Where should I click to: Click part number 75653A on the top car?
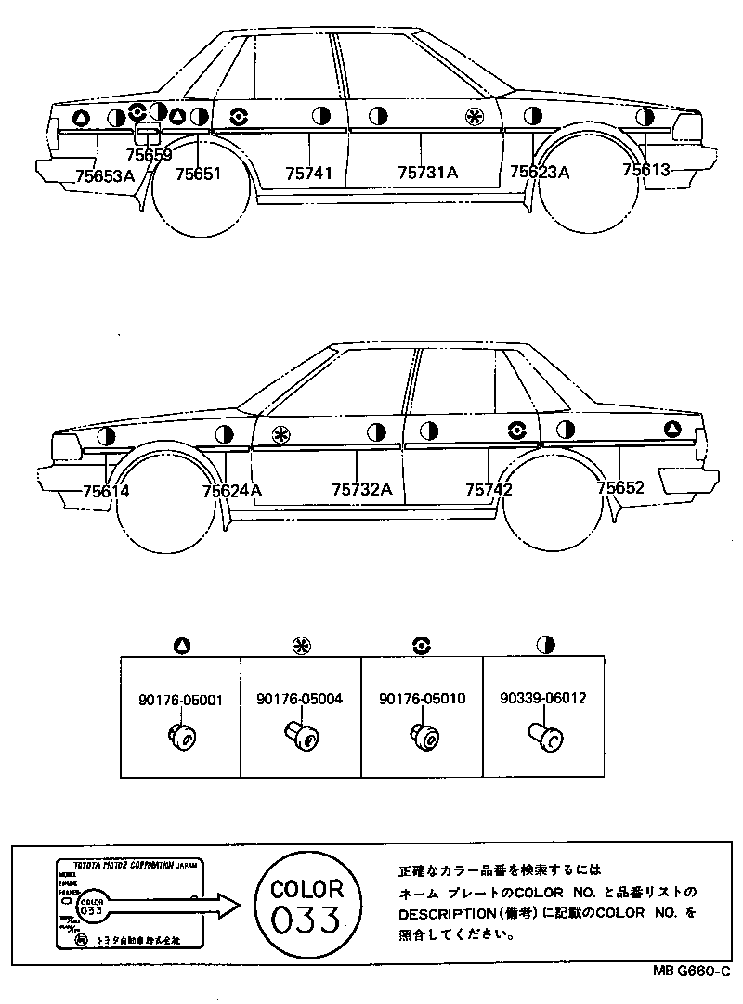[x=105, y=174]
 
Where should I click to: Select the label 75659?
[x=150, y=156]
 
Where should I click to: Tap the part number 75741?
[x=308, y=174]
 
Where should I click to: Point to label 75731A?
[x=427, y=173]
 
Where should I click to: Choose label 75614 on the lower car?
[x=106, y=492]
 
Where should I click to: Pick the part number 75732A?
[x=362, y=490]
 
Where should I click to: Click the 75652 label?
[x=621, y=487]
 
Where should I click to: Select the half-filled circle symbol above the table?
[x=545, y=644]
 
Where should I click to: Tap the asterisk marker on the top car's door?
[x=474, y=116]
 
